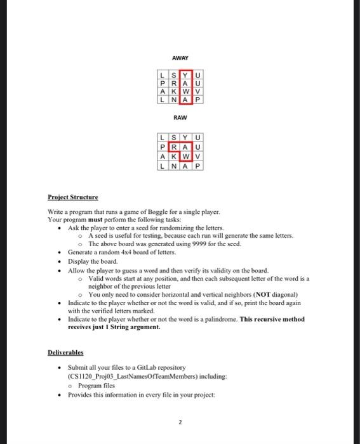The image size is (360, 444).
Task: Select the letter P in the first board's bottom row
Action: [x=197, y=100]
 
